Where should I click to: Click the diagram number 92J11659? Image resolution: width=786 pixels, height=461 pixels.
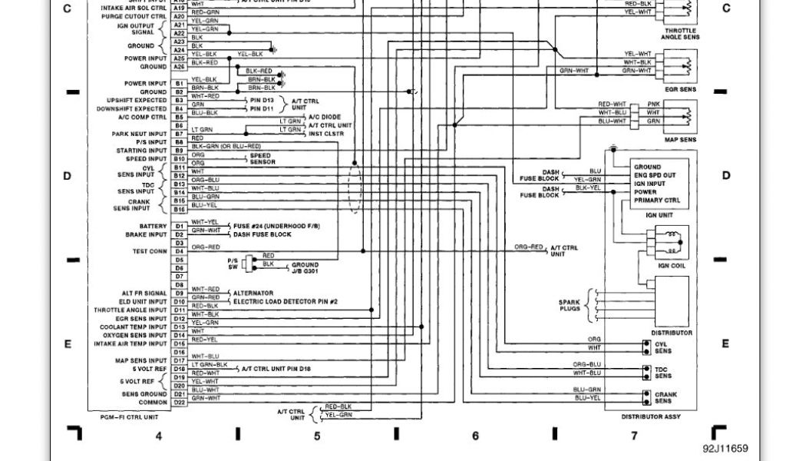(725, 449)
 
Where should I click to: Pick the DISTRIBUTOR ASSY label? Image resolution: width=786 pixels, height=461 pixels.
(651, 416)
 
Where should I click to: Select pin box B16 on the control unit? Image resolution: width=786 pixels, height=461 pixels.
(180, 209)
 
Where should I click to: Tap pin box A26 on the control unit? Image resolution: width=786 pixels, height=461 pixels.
(180, 67)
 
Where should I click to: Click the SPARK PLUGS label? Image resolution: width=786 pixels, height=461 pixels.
(569, 307)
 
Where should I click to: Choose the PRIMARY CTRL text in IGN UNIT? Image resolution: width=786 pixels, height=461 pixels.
(658, 201)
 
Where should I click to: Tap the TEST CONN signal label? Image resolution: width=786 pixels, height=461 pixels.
(149, 251)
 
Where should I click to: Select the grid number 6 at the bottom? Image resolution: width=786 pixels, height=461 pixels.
(475, 436)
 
